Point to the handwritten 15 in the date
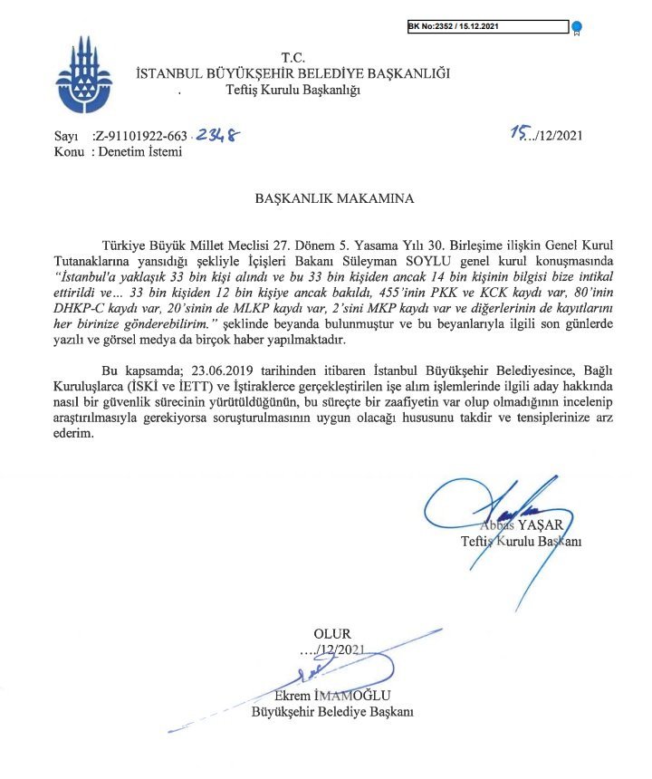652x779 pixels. (x=518, y=134)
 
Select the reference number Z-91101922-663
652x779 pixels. (x=143, y=137)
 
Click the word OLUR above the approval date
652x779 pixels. (x=332, y=634)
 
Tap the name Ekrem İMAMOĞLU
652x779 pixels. (x=331, y=697)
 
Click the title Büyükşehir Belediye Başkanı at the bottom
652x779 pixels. (x=331, y=712)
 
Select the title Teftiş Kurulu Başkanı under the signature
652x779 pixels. (x=520, y=542)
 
